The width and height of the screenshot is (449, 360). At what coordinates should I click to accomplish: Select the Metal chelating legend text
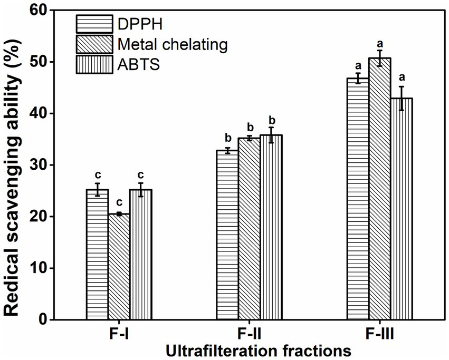(173, 45)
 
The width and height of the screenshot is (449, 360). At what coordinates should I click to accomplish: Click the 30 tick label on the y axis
(34, 165)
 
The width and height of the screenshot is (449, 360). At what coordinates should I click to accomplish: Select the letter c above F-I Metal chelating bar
(119, 202)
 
